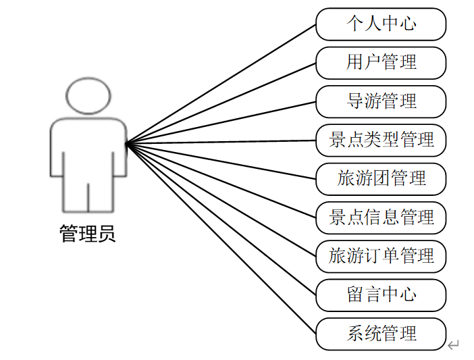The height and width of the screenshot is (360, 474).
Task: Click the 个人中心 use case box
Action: tap(381, 24)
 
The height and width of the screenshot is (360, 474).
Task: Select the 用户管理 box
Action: tap(381, 63)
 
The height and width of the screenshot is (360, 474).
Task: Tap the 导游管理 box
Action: tap(381, 101)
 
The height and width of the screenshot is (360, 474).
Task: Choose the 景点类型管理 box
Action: tap(381, 140)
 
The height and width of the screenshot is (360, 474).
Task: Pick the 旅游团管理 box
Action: tap(381, 178)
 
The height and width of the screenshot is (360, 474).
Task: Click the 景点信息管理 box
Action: tap(381, 217)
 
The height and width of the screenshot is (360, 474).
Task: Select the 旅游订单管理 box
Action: tap(381, 256)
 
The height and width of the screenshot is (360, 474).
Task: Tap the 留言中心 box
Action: tap(381, 294)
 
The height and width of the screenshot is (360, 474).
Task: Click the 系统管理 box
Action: tap(381, 333)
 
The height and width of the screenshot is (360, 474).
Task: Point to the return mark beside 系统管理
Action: tap(454, 346)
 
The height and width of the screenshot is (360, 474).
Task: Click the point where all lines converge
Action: tap(127, 143)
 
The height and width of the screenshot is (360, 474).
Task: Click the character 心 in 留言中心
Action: tap(408, 294)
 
